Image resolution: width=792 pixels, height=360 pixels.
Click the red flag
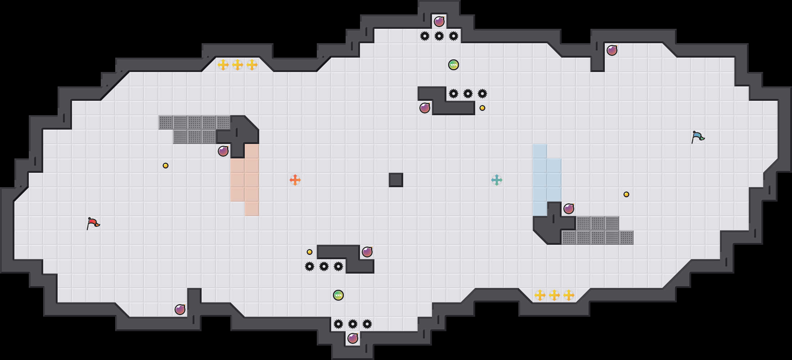93,223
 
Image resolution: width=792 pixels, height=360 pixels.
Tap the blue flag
698,137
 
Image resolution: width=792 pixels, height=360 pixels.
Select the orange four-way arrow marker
295,180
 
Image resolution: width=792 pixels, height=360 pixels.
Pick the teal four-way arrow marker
497,180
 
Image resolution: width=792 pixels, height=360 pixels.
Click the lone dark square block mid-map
396,180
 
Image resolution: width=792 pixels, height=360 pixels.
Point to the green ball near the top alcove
454,65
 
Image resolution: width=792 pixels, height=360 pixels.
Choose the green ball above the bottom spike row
338,295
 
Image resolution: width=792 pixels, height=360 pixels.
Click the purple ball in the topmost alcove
439,22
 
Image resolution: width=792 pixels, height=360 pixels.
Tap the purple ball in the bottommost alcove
353,338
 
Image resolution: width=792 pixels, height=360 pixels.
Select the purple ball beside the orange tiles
223,151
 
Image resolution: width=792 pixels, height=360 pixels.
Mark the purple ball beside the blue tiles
569,209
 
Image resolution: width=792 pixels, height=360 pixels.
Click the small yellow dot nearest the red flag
166,166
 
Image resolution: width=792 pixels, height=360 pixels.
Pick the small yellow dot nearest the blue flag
626,194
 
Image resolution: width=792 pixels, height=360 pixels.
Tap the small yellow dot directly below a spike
482,108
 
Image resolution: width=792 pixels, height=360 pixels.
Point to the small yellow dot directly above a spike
310,252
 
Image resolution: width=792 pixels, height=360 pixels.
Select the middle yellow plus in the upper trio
238,65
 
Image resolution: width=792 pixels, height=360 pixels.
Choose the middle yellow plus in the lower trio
554,295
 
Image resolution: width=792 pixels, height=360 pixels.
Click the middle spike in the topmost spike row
439,36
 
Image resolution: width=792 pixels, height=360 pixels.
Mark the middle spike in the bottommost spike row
353,324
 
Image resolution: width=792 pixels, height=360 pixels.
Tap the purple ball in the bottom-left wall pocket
180,310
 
